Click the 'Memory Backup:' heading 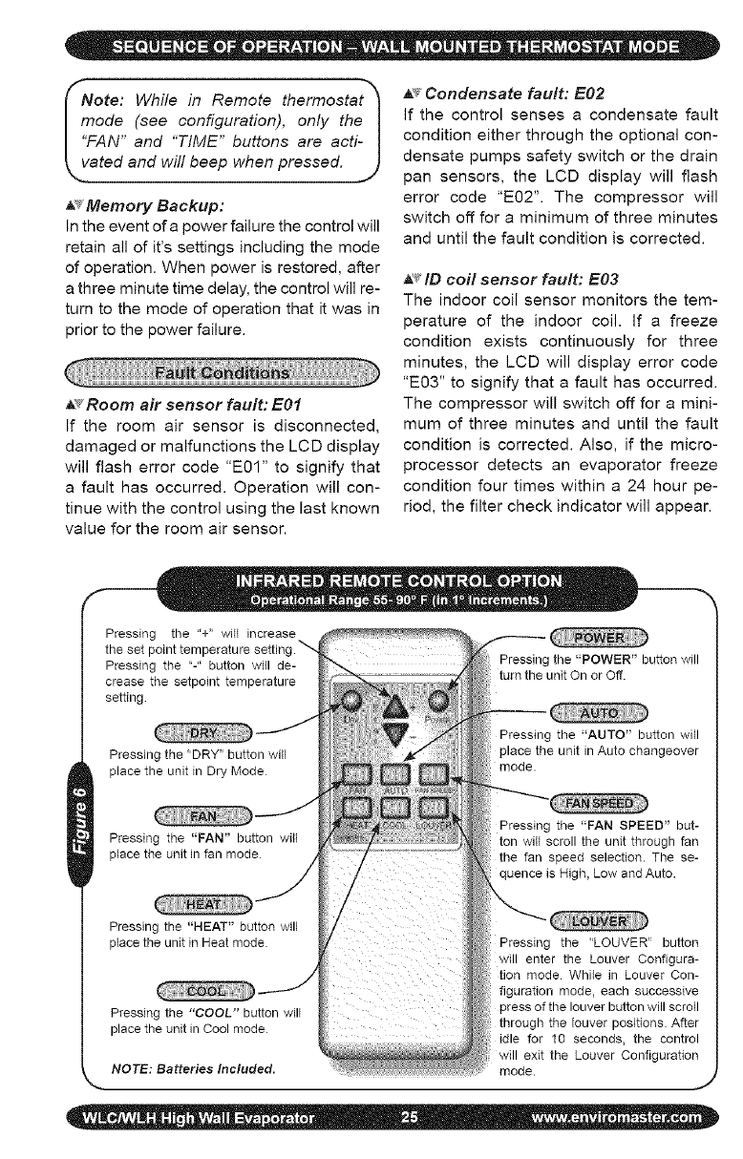pyautogui.click(x=138, y=205)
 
